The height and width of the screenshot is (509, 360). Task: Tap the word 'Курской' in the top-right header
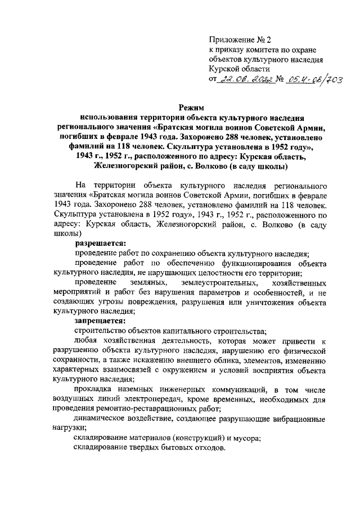tap(224, 69)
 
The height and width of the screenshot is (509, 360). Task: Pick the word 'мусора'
tap(246, 437)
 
